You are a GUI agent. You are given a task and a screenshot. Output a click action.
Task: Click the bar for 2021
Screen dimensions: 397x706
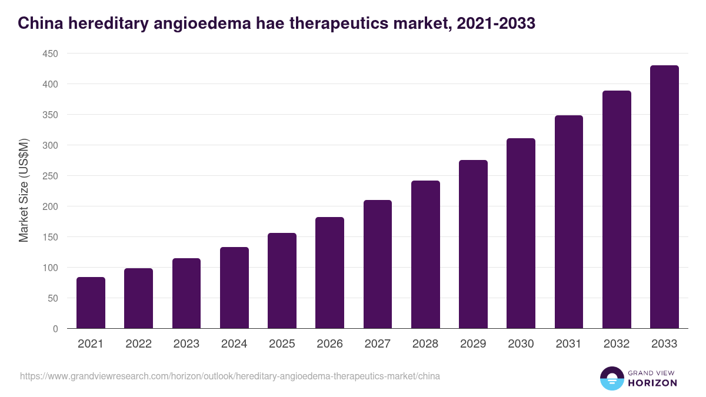coord(91,303)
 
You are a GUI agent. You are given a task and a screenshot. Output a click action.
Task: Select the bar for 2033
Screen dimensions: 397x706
coord(664,197)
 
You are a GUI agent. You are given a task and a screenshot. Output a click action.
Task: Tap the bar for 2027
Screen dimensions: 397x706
coord(378,264)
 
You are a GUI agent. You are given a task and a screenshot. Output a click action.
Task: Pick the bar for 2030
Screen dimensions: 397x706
coord(521,233)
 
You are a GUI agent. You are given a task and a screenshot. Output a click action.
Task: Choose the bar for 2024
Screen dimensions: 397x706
coord(234,288)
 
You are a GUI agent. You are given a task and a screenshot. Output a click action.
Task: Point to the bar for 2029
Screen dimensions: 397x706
coord(473,244)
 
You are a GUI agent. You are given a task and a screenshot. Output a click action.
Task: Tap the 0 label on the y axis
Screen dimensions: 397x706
coord(55,329)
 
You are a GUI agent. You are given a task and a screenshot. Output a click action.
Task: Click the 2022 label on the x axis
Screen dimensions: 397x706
coord(138,344)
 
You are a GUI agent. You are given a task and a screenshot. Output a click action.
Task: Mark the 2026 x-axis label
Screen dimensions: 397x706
coord(329,344)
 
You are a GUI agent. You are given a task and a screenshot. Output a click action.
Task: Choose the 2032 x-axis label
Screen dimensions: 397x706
coord(617,344)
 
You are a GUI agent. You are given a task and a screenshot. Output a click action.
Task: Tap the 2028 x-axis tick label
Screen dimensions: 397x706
coord(425,344)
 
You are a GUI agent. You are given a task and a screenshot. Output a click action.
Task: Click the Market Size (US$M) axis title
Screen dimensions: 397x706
coord(24,191)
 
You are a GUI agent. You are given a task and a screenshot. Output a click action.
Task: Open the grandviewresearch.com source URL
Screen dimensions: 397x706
coord(230,376)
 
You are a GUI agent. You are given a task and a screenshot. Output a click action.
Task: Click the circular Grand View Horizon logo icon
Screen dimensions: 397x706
coord(612,378)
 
